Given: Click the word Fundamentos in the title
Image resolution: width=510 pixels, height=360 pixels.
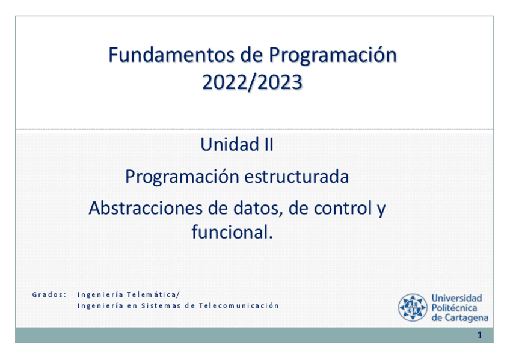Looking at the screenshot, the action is click(x=171, y=55).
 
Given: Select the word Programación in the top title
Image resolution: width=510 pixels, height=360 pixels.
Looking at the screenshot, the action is click(x=333, y=56).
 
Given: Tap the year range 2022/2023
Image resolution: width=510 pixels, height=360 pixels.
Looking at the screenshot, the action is click(x=253, y=82).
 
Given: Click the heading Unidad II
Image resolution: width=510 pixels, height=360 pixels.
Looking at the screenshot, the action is click(x=237, y=145).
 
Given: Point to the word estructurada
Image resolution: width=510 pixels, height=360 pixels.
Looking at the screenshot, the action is click(x=296, y=177).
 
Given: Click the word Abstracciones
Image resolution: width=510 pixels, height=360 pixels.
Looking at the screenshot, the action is click(x=146, y=208).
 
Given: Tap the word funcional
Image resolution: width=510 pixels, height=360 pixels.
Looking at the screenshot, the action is click(x=232, y=232).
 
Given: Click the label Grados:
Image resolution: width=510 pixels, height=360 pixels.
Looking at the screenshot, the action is click(x=49, y=294).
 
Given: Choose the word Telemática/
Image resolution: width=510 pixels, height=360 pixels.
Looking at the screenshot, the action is click(x=153, y=294).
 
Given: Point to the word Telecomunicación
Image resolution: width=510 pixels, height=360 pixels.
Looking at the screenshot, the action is click(x=239, y=305).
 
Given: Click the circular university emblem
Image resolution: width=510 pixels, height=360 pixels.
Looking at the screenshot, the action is click(x=413, y=307).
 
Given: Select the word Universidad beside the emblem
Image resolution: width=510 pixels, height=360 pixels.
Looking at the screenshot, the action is click(x=456, y=298).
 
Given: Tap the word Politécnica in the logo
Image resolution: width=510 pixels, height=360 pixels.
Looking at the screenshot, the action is click(x=454, y=308).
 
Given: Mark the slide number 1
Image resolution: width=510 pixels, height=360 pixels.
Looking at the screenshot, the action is click(x=480, y=335).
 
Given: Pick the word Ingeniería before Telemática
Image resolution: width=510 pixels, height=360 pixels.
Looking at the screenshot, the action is click(x=100, y=294).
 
